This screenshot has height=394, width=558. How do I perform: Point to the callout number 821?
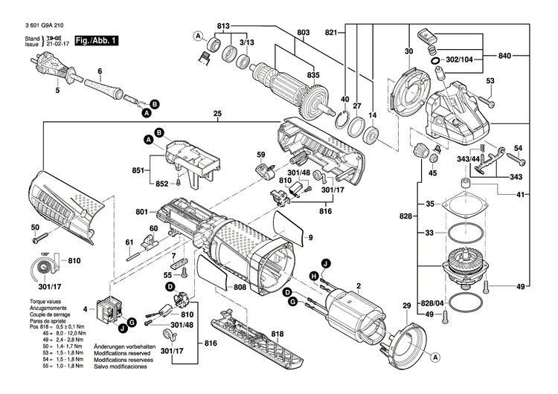(x=332, y=32)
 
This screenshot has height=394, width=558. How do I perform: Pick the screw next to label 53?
(x=488, y=97)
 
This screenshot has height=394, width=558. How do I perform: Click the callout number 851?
(x=138, y=169)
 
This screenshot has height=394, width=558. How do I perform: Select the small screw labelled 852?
(x=179, y=183)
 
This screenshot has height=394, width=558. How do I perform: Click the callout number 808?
(x=239, y=287)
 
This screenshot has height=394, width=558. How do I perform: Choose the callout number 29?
(x=406, y=306)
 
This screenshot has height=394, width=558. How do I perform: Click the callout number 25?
(x=217, y=114)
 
